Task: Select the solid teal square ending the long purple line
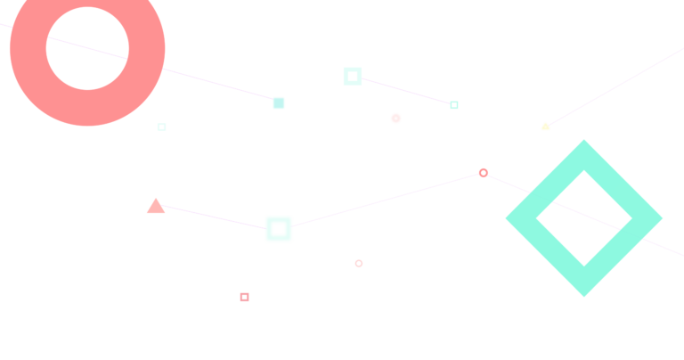point(279,103)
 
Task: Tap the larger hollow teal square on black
point(353,77)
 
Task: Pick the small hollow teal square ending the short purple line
point(454,105)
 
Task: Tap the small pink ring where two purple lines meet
point(484,173)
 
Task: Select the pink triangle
point(156,207)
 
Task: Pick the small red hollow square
point(244,297)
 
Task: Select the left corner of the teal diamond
point(509,217)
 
